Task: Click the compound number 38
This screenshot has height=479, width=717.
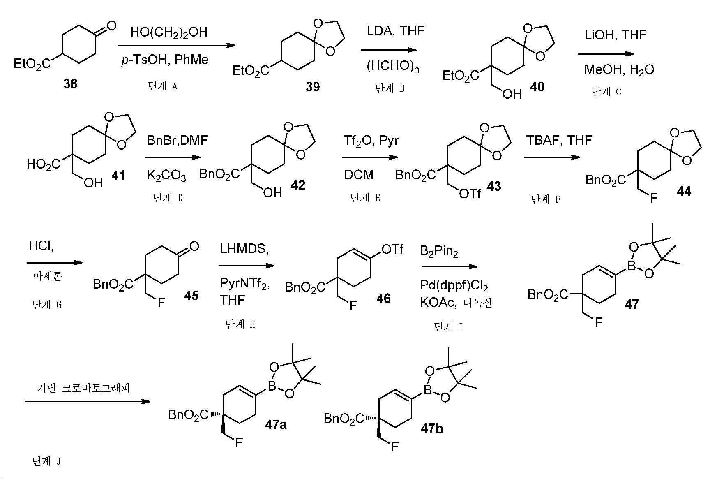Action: click(x=70, y=84)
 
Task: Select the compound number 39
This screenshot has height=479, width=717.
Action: click(x=313, y=87)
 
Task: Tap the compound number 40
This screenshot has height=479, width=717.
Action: click(x=537, y=87)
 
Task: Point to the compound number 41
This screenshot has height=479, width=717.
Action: click(x=119, y=176)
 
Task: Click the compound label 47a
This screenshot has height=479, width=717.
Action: click(x=275, y=424)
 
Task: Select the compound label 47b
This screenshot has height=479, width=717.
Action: click(x=432, y=429)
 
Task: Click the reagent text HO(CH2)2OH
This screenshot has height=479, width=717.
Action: click(x=169, y=32)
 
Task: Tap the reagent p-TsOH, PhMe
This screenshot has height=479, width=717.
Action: click(x=165, y=60)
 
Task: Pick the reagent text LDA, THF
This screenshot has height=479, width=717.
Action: click(x=396, y=31)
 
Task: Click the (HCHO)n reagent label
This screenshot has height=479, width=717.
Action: click(x=393, y=66)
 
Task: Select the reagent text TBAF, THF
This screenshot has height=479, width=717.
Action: click(x=559, y=141)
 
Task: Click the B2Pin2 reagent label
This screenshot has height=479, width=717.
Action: click(x=439, y=251)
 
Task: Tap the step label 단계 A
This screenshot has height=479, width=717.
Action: click(x=162, y=86)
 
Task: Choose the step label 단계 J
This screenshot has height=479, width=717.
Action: click(x=46, y=461)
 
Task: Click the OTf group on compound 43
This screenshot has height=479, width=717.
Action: click(x=469, y=193)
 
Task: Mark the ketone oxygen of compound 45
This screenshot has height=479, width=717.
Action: click(x=194, y=246)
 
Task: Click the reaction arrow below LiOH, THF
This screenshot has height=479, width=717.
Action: click(x=606, y=54)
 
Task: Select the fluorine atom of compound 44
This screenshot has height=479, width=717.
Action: click(x=654, y=199)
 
